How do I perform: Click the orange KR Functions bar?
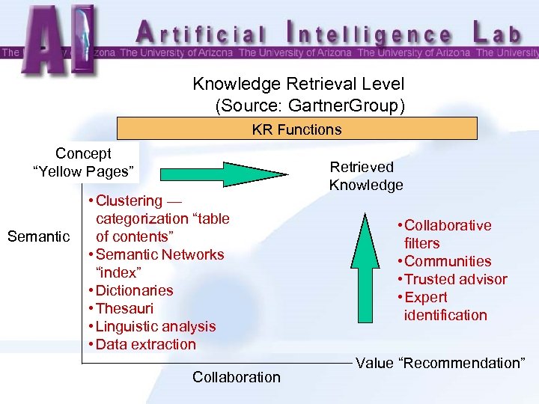point(296,129)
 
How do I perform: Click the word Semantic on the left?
point(38,236)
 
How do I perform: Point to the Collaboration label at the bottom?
point(237,377)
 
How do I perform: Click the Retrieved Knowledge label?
point(365,176)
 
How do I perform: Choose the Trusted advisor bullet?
point(455,279)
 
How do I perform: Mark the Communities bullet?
point(448,261)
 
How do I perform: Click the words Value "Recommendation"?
point(440,364)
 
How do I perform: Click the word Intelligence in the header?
point(370,33)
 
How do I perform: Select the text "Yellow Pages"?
point(84,171)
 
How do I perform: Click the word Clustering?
point(129,201)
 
